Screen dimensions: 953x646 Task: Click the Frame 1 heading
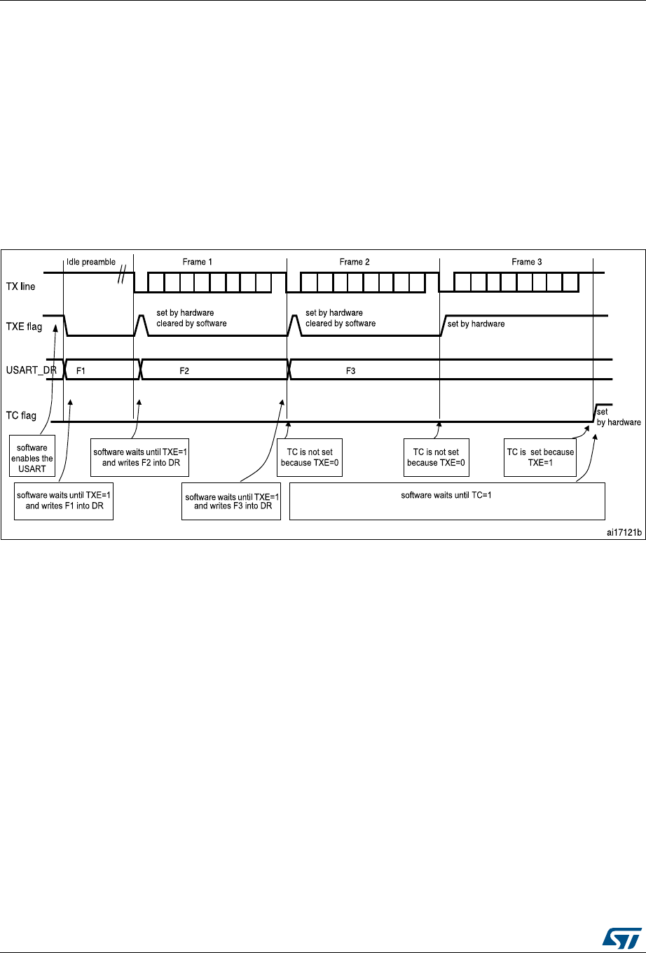click(198, 262)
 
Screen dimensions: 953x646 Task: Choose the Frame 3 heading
click(527, 262)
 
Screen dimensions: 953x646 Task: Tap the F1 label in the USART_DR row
click(81, 370)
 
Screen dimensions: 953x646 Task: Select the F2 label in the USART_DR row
click(184, 370)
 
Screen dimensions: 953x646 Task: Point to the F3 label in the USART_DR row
click(352, 370)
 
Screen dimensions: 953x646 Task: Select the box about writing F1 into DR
click(64, 501)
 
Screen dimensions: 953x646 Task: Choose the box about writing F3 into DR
click(231, 501)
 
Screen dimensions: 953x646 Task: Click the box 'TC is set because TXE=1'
click(540, 457)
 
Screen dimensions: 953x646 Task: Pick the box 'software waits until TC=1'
click(446, 501)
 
